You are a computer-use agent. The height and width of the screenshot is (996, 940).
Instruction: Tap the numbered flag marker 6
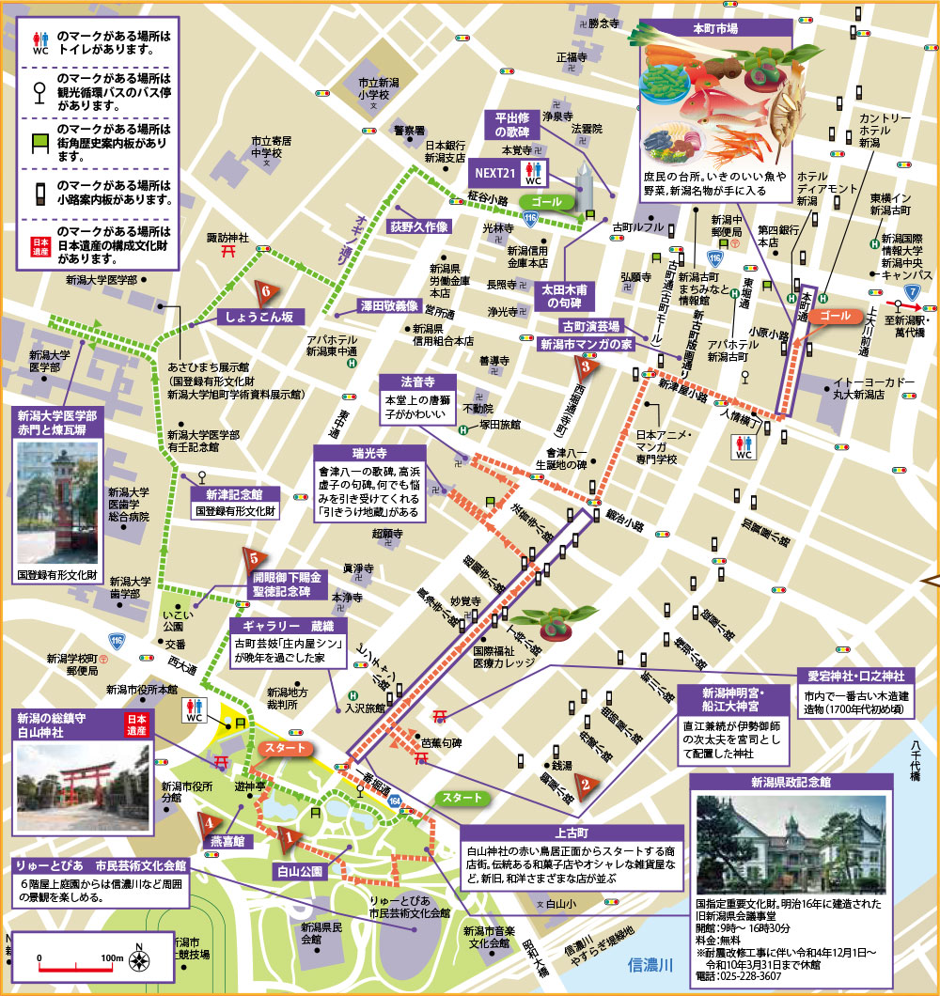pyautogui.click(x=267, y=289)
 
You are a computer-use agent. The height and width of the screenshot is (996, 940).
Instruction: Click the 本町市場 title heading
pyautogui.click(x=717, y=27)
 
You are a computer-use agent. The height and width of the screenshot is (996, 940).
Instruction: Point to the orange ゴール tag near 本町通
pyautogui.click(x=836, y=316)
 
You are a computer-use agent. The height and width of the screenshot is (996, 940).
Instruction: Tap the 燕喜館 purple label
pyautogui.click(x=227, y=840)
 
